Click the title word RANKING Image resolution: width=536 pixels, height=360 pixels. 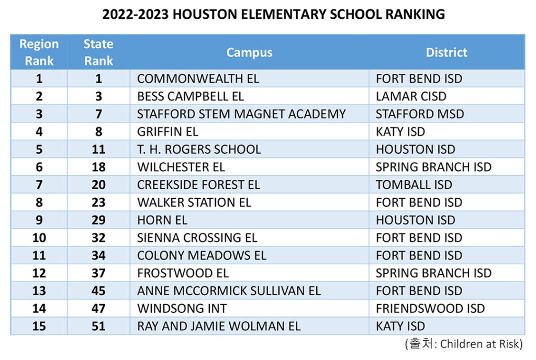pyautogui.click(x=415, y=14)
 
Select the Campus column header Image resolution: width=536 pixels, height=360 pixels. pyautogui.click(x=250, y=53)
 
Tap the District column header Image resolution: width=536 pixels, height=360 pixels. pyautogui.click(x=446, y=52)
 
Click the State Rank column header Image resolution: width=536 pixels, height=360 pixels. pyautogui.click(x=98, y=52)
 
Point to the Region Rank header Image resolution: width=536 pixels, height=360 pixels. pyautogui.click(x=39, y=52)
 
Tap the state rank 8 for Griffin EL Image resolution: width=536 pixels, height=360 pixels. pyautogui.click(x=98, y=132)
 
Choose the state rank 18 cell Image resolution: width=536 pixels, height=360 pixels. pyautogui.click(x=98, y=167)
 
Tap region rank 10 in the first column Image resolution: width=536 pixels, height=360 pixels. pyautogui.click(x=39, y=238)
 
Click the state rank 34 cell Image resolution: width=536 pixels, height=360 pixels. pyautogui.click(x=98, y=255)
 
